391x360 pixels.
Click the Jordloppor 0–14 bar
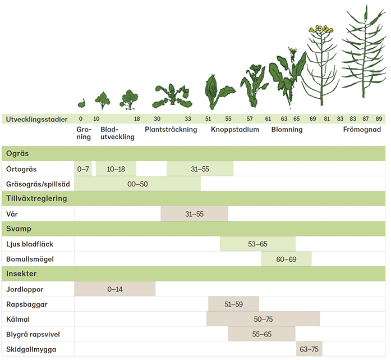pyautogui.click(x=115, y=289)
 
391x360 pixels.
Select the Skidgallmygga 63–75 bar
pyautogui.click(x=309, y=349)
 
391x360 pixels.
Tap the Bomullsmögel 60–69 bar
pyautogui.click(x=286, y=259)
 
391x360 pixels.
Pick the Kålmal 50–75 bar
pyautogui.click(x=263, y=319)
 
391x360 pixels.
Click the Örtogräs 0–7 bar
pyautogui.click(x=83, y=168)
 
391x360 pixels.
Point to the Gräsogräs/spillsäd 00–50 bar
pyautogui.click(x=137, y=184)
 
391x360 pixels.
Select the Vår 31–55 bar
pyautogui.click(x=194, y=214)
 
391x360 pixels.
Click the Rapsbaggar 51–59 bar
pyautogui.click(x=233, y=304)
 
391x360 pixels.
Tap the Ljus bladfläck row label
pyautogui.click(x=30, y=244)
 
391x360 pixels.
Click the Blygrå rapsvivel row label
pyautogui.click(x=33, y=335)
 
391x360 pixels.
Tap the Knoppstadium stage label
pyautogui.click(x=235, y=130)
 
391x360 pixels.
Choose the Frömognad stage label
pyautogui.click(x=362, y=130)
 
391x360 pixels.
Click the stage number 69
pyautogui.click(x=312, y=119)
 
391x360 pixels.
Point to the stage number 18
pyautogui.click(x=137, y=119)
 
